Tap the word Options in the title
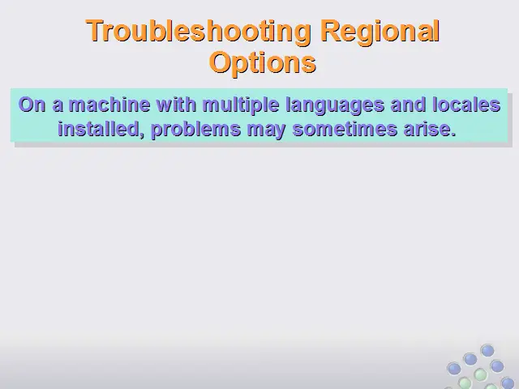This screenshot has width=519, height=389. (x=263, y=63)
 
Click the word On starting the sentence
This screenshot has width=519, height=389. (x=32, y=105)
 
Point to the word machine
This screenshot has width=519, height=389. (x=109, y=105)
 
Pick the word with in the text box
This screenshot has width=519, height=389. (x=177, y=105)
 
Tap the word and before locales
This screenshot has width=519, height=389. (x=409, y=105)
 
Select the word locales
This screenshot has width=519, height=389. (x=466, y=105)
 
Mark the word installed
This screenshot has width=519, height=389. (x=98, y=129)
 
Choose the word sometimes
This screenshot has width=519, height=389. (x=345, y=129)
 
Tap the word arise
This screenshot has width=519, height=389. (x=427, y=129)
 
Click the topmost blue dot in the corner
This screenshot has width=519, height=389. (x=487, y=351)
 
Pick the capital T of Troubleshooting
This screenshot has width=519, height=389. (x=96, y=31)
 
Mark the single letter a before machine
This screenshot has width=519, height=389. (x=58, y=106)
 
